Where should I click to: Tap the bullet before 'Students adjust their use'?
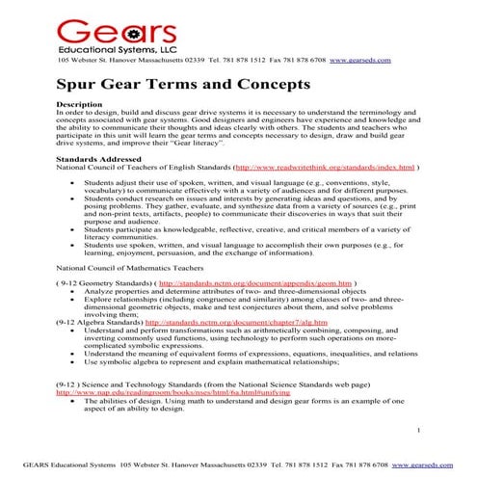(74, 180)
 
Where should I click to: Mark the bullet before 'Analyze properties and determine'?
(74, 291)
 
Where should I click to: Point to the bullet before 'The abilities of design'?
(74, 400)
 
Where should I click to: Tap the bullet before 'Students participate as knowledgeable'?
(74, 229)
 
